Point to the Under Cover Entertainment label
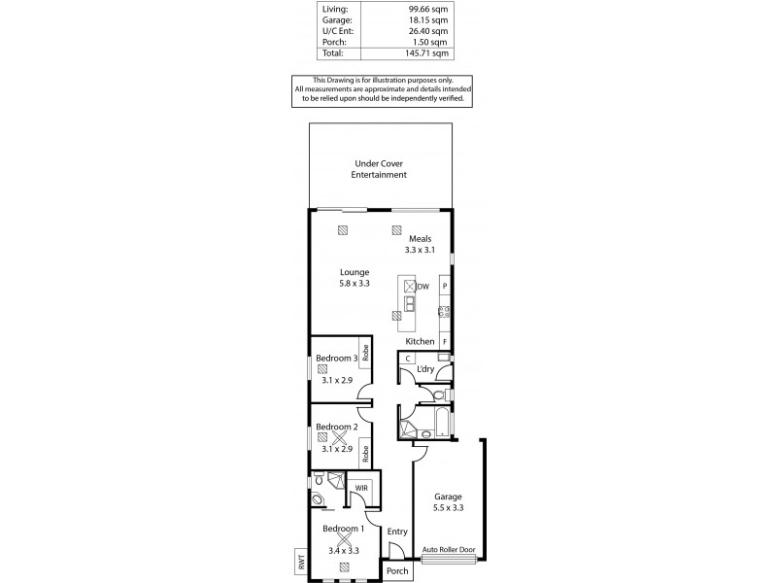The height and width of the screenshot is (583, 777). [x=379, y=169]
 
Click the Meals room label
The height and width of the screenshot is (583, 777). [x=420, y=238]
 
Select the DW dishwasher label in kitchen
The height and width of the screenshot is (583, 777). [x=423, y=287]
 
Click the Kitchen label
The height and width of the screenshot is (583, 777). [x=420, y=342]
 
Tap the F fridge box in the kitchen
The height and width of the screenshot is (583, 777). [x=445, y=342]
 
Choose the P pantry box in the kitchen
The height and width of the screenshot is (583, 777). [x=445, y=287]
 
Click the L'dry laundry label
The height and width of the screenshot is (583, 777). [x=425, y=370]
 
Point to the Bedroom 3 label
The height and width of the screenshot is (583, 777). [x=335, y=359]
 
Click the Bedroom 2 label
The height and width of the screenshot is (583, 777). [x=335, y=427]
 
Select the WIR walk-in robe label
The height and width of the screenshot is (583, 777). [x=361, y=487]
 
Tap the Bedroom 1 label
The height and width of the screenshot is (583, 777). [x=343, y=529]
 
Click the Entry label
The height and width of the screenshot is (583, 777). [x=396, y=532]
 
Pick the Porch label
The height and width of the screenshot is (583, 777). [x=397, y=571]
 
